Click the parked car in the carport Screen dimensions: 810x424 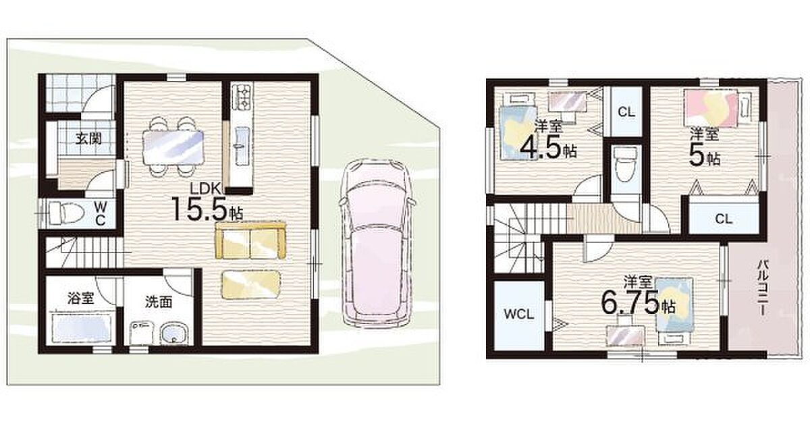coord(377,244)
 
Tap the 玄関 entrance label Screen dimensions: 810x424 coord(88,138)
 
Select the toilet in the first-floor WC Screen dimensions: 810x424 coord(67,213)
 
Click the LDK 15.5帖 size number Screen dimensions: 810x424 coord(202,209)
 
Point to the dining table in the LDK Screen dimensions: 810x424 coord(173,147)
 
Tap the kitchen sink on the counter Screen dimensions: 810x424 coord(242,144)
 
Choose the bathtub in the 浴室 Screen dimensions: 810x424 coord(82,328)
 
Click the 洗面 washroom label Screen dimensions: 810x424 coord(159,302)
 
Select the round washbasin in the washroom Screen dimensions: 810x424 coord(174,334)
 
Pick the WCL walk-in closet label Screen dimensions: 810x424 coord(519,314)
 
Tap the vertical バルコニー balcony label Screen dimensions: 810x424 coord(762,288)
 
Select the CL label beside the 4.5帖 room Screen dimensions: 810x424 coord(626,112)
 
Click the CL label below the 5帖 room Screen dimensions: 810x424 coord(724,219)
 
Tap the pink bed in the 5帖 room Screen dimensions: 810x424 coord(711,108)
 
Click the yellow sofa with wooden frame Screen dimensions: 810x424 coord(250,240)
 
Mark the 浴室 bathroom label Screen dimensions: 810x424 coord(81,298)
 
